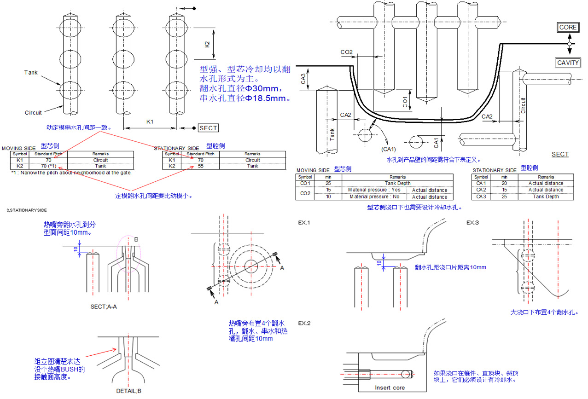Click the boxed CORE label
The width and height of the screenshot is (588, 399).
567,28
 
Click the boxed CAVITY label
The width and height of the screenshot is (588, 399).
568,63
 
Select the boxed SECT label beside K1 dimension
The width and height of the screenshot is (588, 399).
208,128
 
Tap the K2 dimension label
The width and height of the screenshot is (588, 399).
207,44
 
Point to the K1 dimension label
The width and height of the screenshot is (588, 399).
150,121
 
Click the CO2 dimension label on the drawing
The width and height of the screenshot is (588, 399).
346,52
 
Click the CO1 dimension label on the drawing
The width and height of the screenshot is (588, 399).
405,102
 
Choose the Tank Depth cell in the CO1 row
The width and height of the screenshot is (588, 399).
397,183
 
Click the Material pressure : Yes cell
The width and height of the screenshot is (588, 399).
374,190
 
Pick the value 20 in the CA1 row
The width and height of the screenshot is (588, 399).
504,183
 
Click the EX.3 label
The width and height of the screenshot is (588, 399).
472,223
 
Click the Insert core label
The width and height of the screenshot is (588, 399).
390,387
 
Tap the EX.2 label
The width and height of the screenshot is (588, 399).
304,323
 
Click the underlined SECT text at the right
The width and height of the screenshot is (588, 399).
560,154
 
